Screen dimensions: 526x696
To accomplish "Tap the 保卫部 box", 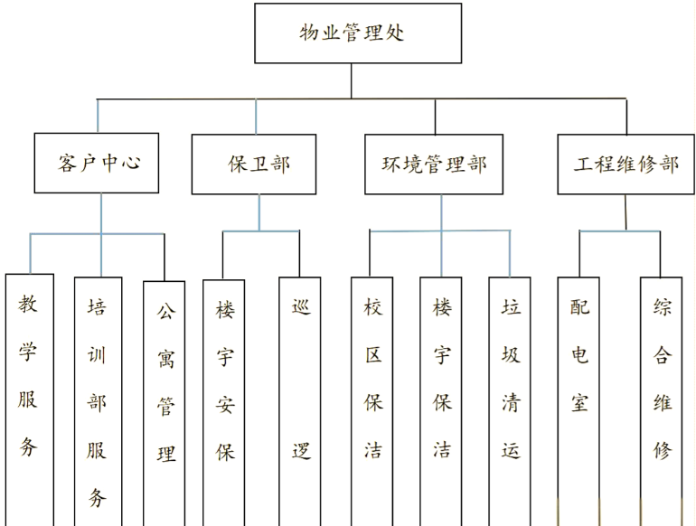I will [x=254, y=164].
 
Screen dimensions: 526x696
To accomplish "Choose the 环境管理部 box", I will [x=434, y=164].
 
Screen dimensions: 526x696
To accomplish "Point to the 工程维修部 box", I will [x=625, y=164].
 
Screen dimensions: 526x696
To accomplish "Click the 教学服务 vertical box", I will [x=29, y=398].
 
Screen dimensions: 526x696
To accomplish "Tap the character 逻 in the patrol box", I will [x=301, y=450].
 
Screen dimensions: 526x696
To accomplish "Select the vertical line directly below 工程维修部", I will [x=625, y=212].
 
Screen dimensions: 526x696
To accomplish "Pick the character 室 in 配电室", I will [x=579, y=401].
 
